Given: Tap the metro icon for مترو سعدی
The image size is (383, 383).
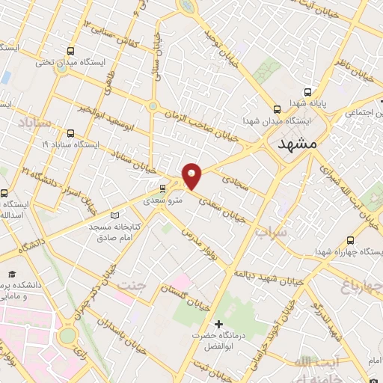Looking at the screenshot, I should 163,189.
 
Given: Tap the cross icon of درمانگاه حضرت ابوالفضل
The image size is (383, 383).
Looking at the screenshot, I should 218,324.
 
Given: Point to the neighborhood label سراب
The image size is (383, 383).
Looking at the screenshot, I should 271,233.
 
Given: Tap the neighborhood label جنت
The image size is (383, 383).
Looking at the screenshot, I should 132,284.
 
